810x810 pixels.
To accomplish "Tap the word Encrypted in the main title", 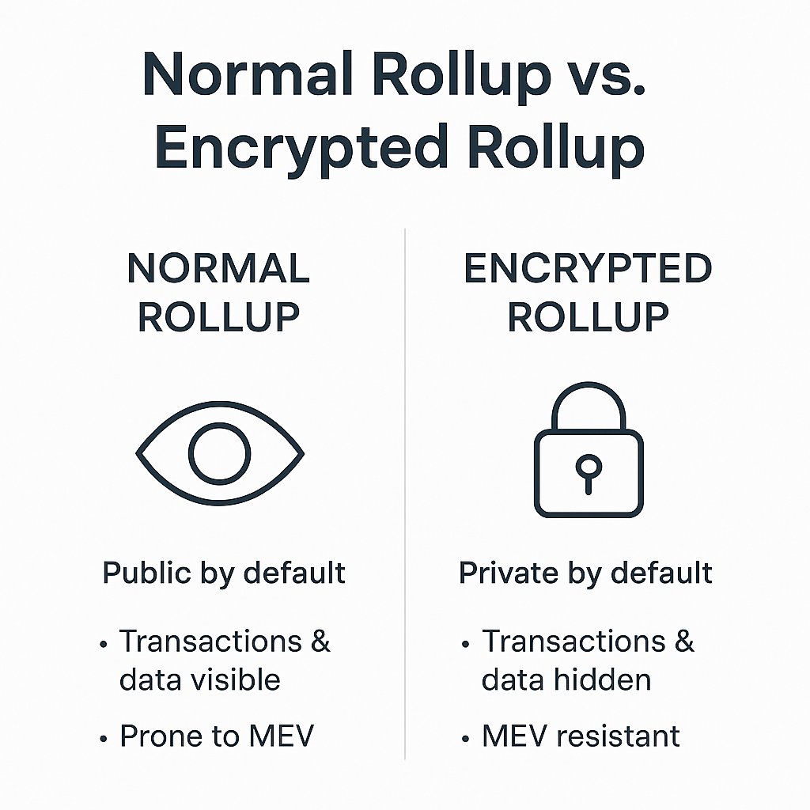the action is coord(301,148).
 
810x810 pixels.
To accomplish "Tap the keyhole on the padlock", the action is coord(589,474).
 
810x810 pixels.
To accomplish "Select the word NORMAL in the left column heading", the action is coord(218,269).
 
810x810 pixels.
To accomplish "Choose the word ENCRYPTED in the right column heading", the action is coord(589,269).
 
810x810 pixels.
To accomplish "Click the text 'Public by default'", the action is coord(224,573).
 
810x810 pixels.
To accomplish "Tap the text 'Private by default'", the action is coord(586,573).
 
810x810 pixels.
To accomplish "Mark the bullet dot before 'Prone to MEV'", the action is coord(104,739).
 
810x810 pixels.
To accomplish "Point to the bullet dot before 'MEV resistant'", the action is coord(465,739).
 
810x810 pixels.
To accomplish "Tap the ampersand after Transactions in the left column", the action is coord(320,641).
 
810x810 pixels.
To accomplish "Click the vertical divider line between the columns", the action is coord(405,494).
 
